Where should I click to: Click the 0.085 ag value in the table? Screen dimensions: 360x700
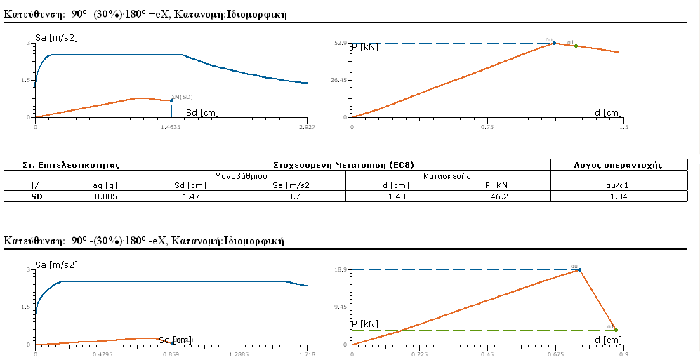pos(106,196)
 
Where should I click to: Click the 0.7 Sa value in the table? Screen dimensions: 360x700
pos(293,196)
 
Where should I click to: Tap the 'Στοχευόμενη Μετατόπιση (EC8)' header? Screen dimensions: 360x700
pos(345,165)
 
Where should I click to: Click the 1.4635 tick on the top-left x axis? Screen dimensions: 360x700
pos(171,128)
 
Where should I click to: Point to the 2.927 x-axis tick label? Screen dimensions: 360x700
pos(307,128)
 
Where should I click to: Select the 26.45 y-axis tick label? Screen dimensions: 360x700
pos(341,80)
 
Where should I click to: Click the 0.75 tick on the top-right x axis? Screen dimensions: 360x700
pos(487,128)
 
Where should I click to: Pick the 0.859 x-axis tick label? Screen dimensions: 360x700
pos(171,355)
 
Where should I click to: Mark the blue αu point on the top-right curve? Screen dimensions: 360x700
pos(554,43)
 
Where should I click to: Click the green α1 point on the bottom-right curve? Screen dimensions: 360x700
pos(616,330)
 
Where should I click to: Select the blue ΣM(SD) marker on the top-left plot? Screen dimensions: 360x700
pos(171,100)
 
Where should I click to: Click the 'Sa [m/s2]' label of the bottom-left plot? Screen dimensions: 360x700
pos(56,265)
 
